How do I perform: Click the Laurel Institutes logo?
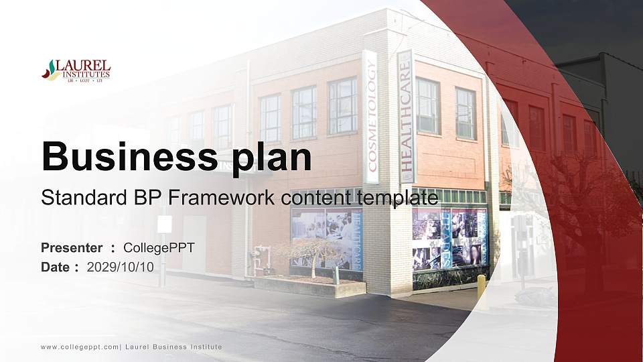pyautogui.click(x=76, y=70)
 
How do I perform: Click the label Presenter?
pyautogui.click(x=72, y=248)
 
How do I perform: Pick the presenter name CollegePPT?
pyautogui.click(x=159, y=248)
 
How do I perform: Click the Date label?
pyautogui.click(x=56, y=267)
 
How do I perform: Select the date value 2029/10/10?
pyautogui.click(x=121, y=267)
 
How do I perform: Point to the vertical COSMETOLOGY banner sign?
pyautogui.click(x=370, y=117)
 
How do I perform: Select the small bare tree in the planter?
pyautogui.click(x=309, y=253)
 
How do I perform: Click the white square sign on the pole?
pyautogui.click(x=165, y=224)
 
